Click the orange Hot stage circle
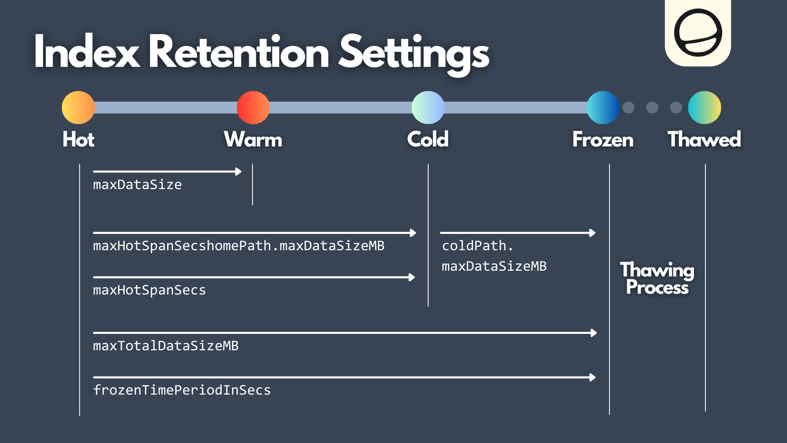coord(78,107)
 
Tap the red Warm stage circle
coord(253,107)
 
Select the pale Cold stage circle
coord(428,107)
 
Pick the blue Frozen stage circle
coord(603,107)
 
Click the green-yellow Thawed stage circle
coord(704,107)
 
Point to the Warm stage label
coord(253,139)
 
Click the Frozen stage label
coord(603,139)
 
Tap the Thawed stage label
coord(704,139)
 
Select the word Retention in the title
coord(239,53)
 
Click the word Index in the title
coord(86,53)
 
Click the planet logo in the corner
coord(698,33)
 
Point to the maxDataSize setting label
coord(137,185)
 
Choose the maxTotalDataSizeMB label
coord(166,346)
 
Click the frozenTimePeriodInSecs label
coord(182,390)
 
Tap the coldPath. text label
coord(478,246)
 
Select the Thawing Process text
coord(657,279)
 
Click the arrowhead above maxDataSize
coord(239,171)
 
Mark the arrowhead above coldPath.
coord(592,233)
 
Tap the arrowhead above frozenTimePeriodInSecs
coord(592,377)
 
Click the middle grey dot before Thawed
coord(652,107)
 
